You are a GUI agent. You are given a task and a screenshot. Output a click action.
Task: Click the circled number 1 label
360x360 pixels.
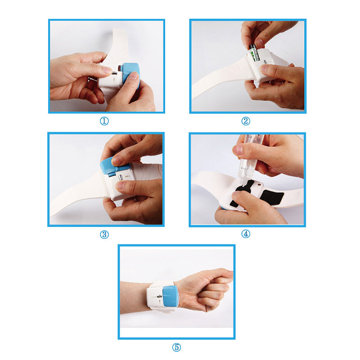coord(104,121)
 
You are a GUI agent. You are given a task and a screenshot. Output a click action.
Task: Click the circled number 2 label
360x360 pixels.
coord(246,121)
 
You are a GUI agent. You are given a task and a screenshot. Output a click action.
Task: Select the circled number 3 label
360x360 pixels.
coord(104,234)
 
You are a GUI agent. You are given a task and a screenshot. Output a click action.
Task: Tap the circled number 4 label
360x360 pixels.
coord(246,234)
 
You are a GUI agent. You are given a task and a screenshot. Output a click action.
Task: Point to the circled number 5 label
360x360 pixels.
coord(176,347)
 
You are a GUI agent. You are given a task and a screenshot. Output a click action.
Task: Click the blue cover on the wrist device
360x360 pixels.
coord(170,297)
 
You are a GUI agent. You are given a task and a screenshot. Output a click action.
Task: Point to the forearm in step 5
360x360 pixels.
coord(133,297)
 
